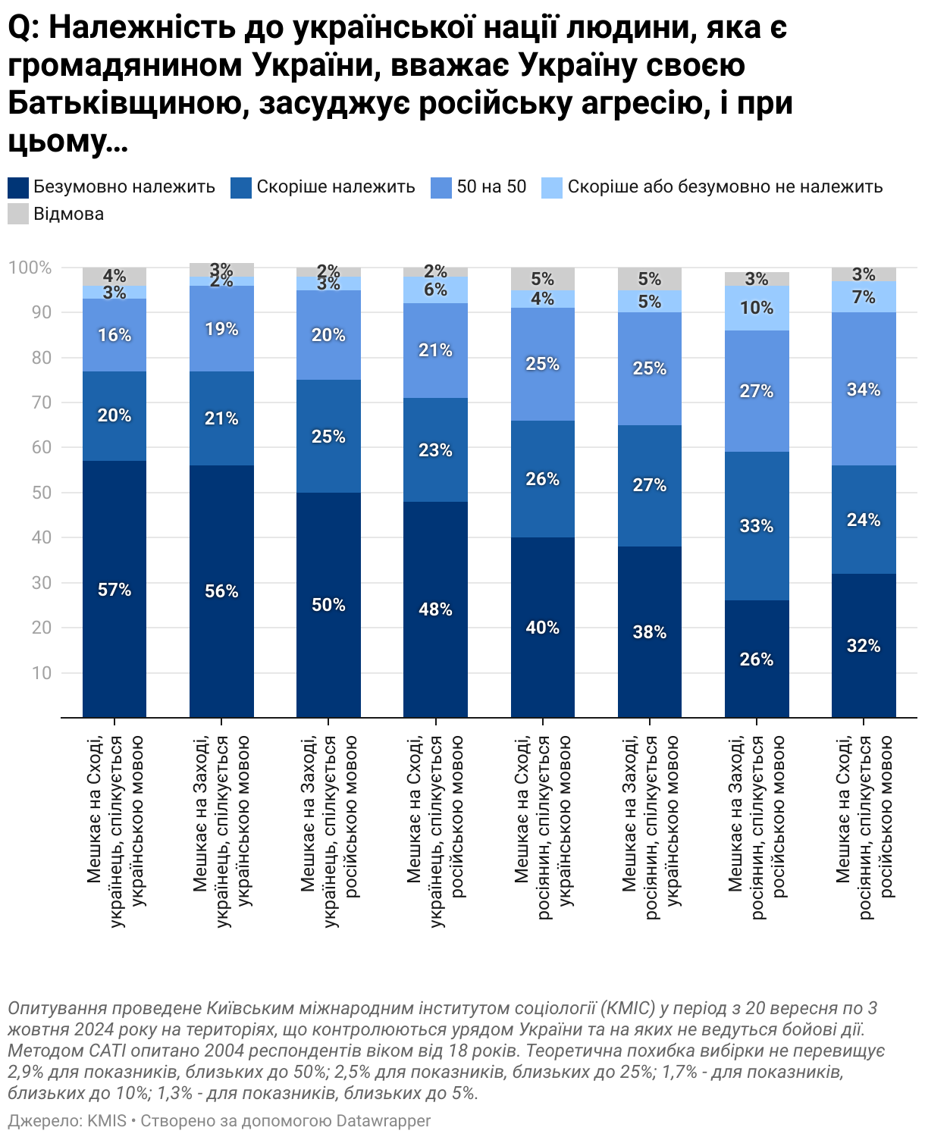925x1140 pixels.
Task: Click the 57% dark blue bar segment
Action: point(114,589)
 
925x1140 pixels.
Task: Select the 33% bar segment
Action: point(757,526)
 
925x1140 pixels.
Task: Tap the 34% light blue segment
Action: point(864,389)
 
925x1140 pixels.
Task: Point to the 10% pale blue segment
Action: point(757,308)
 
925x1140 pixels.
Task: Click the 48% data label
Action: point(435,609)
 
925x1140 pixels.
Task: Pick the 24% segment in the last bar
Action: point(864,520)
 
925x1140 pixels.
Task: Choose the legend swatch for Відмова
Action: point(17,214)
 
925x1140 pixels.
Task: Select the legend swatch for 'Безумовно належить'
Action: point(17,187)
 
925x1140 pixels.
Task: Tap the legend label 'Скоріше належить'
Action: point(335,186)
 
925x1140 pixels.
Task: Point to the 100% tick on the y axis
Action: point(30,268)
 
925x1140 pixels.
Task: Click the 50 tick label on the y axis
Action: point(41,493)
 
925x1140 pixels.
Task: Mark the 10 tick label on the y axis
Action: point(41,672)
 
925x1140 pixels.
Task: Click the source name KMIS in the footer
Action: point(107,1120)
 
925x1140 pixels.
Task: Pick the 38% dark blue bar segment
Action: point(650,632)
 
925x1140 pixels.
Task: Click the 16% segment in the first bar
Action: point(114,335)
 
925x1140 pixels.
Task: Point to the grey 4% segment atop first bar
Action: point(114,275)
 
